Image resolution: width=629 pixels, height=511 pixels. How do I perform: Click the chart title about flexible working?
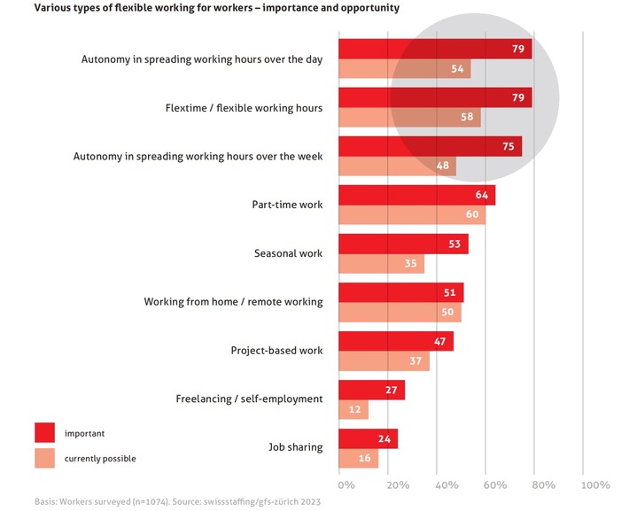pyautogui.click(x=204, y=8)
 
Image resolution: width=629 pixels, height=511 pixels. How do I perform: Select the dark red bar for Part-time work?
pyautogui.click(x=416, y=195)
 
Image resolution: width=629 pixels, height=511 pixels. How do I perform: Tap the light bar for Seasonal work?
pyautogui.click(x=381, y=263)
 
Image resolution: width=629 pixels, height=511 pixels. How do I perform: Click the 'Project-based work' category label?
pyautogui.click(x=276, y=350)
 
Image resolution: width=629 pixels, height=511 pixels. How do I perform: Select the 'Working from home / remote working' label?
pyautogui.click(x=233, y=301)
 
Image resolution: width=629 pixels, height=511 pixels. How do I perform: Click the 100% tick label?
pyautogui.click(x=595, y=484)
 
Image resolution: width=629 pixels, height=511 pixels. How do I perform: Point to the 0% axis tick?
pyautogui.click(x=346, y=484)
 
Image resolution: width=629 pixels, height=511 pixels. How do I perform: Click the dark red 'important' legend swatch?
pyautogui.click(x=45, y=433)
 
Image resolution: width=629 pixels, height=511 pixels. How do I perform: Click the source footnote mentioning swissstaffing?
pyautogui.click(x=177, y=502)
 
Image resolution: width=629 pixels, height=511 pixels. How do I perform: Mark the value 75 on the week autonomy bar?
pyautogui.click(x=508, y=147)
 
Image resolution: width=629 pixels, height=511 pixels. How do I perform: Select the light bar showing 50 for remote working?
pyautogui.click(x=399, y=312)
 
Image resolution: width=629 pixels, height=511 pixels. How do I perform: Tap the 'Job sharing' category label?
pyautogui.click(x=295, y=447)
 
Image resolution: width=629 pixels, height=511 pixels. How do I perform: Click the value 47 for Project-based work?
pyautogui.click(x=439, y=340)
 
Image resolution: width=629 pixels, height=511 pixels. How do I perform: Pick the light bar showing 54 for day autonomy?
pyautogui.click(x=404, y=69)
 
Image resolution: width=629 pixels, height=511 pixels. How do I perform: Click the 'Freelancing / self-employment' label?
pyautogui.click(x=249, y=399)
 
